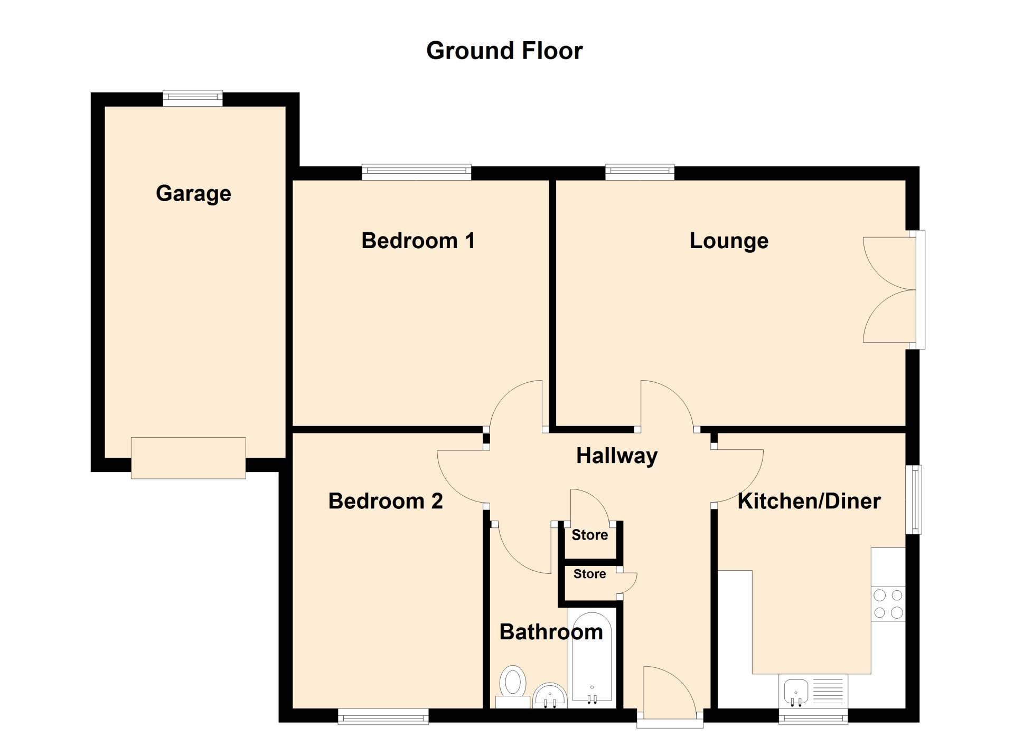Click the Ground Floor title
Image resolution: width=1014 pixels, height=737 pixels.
(504, 51)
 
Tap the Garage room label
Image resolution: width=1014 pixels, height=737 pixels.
(193, 193)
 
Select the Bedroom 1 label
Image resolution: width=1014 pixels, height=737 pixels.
(418, 241)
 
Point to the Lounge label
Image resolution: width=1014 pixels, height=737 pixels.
(729, 241)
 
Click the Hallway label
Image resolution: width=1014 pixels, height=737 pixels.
(617, 456)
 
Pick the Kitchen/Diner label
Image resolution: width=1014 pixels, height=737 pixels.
(809, 501)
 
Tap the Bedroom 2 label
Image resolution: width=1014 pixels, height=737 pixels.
(386, 501)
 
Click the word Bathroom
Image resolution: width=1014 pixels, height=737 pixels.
(551, 632)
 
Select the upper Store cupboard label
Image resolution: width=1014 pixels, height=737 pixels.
(589, 535)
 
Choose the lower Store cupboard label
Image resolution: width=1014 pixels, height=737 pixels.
(589, 574)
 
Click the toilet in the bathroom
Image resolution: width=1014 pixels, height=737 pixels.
(513, 686)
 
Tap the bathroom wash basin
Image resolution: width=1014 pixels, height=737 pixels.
(550, 695)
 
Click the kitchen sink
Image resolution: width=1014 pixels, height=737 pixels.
(796, 692)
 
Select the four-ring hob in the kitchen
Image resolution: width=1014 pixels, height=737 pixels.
(888, 604)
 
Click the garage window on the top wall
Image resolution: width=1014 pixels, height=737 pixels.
(193, 98)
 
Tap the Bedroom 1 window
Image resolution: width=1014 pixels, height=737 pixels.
(417, 172)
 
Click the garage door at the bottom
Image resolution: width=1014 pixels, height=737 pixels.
(189, 458)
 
